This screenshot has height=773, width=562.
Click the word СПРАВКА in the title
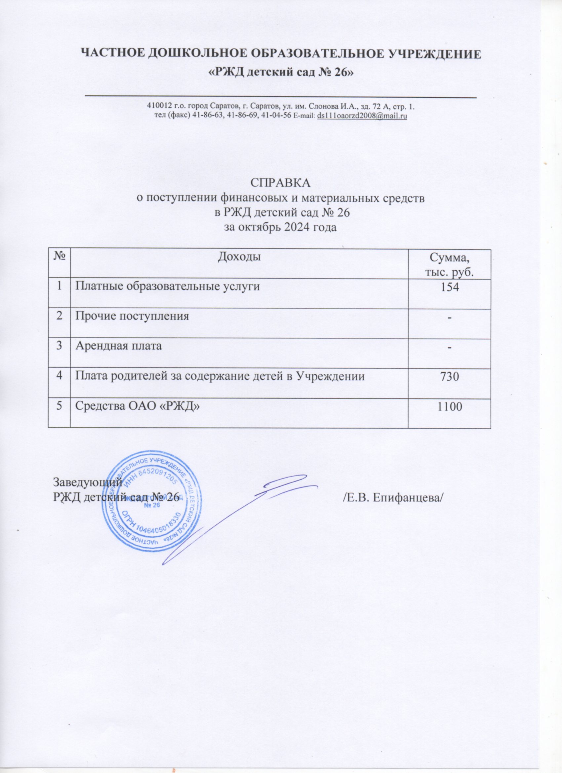click(x=281, y=183)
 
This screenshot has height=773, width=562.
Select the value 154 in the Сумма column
click(x=450, y=287)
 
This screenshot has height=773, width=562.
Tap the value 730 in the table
click(x=450, y=377)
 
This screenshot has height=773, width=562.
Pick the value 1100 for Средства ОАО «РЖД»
click(x=450, y=406)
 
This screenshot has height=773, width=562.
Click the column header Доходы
click(x=239, y=257)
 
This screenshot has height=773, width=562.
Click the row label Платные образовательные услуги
click(x=167, y=287)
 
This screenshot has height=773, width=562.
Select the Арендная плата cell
click(x=119, y=346)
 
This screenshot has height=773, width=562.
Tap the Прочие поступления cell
click(x=132, y=316)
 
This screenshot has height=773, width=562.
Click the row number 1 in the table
click(x=59, y=287)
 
